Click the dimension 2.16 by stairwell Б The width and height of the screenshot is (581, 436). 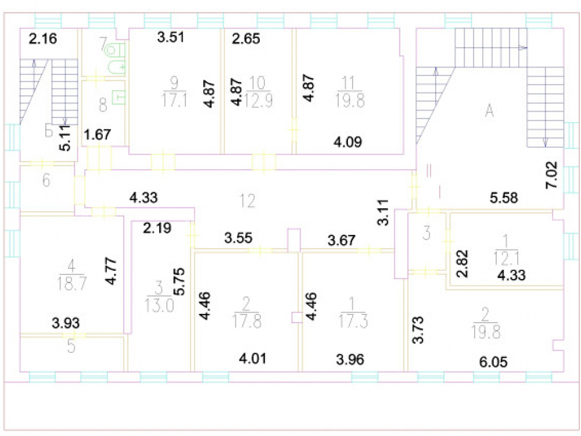point(43,38)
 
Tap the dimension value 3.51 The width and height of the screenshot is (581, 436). point(170,37)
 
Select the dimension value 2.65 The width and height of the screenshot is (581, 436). point(246,38)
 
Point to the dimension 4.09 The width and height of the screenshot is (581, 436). point(347,142)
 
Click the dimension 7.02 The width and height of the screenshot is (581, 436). point(551,174)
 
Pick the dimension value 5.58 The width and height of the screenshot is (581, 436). point(504,198)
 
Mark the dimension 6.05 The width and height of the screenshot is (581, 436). point(493,362)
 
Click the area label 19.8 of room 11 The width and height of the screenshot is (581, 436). point(350,100)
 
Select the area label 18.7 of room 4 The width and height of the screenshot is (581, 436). point(72,284)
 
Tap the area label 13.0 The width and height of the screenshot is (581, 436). point(159,306)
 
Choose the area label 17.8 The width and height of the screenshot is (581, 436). point(247,321)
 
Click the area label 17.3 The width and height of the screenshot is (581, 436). point(353,321)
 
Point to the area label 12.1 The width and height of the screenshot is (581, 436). point(506,258)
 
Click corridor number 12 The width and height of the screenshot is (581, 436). point(247,201)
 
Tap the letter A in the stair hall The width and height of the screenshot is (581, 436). point(489,110)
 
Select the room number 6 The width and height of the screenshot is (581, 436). point(46,180)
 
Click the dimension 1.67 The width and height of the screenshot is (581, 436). point(98,134)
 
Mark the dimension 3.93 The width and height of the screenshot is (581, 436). point(66,323)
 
